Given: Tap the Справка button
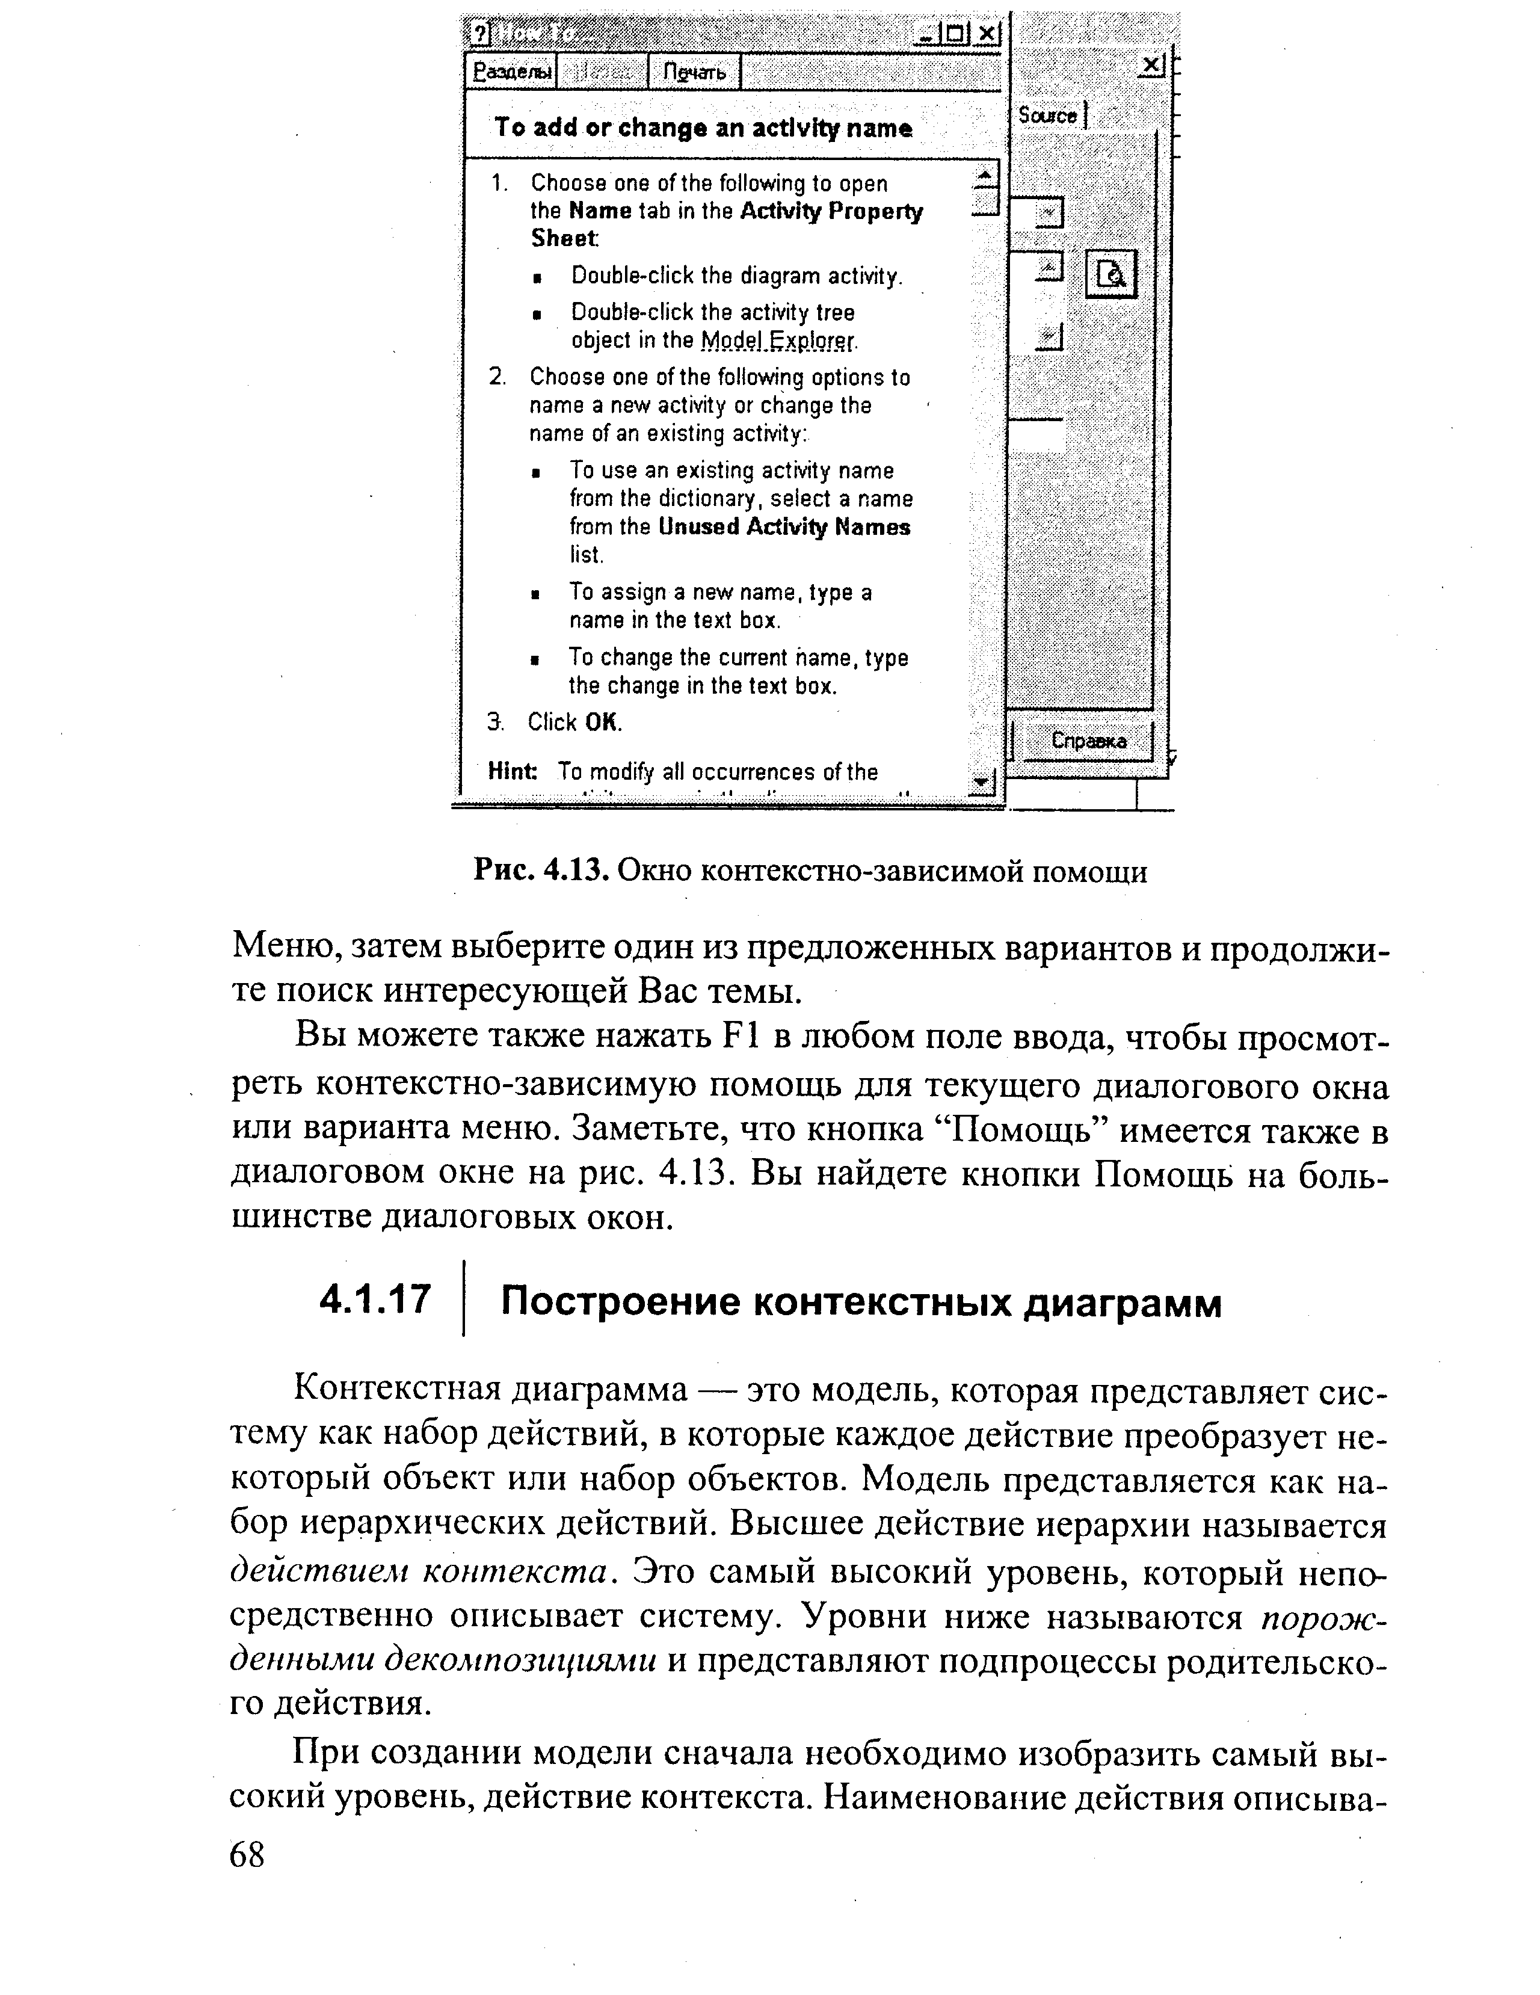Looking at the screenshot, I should [x=1088, y=741].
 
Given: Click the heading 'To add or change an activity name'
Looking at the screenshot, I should [x=703, y=128].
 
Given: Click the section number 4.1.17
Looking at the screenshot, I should [x=375, y=1298].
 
